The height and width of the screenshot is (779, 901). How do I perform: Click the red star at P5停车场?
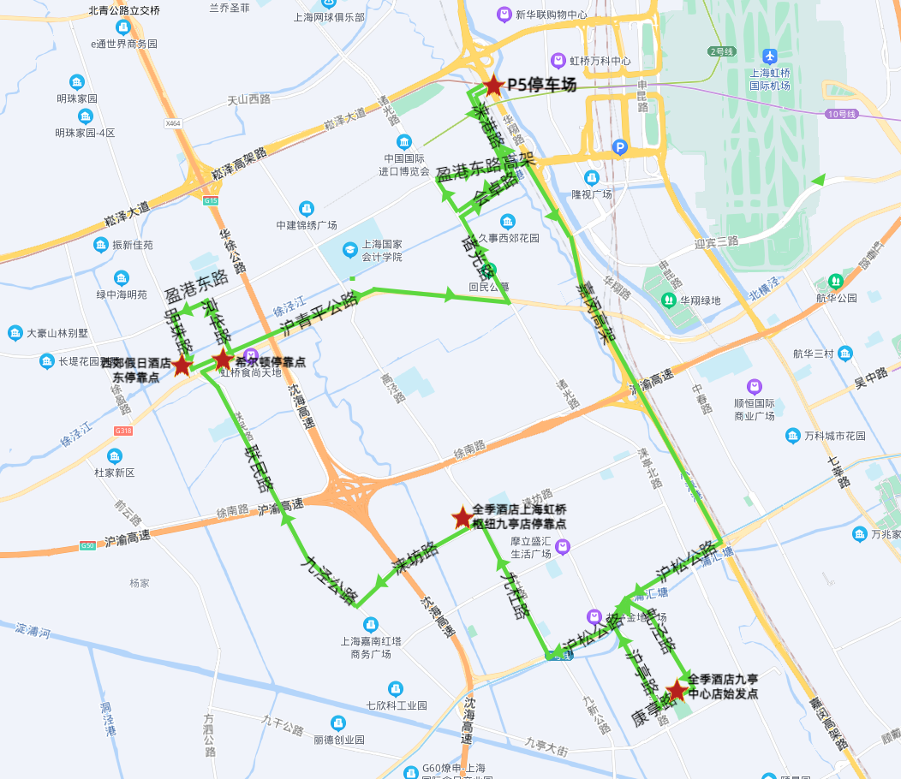tap(493, 86)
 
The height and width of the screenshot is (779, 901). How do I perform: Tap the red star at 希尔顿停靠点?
tap(223, 359)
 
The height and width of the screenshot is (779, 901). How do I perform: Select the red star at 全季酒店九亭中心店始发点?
tap(677, 689)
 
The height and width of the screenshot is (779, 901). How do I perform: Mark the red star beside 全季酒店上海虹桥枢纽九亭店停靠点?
tap(462, 517)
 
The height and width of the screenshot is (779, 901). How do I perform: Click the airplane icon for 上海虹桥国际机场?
tap(769, 56)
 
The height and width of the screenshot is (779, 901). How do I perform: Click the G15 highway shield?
tap(210, 200)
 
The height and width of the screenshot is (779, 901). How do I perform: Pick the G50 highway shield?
tap(87, 545)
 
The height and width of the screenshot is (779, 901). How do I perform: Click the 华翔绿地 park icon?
tap(669, 300)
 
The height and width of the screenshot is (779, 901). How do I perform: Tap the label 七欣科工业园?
tap(396, 705)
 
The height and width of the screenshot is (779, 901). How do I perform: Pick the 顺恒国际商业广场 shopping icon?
tap(754, 387)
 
